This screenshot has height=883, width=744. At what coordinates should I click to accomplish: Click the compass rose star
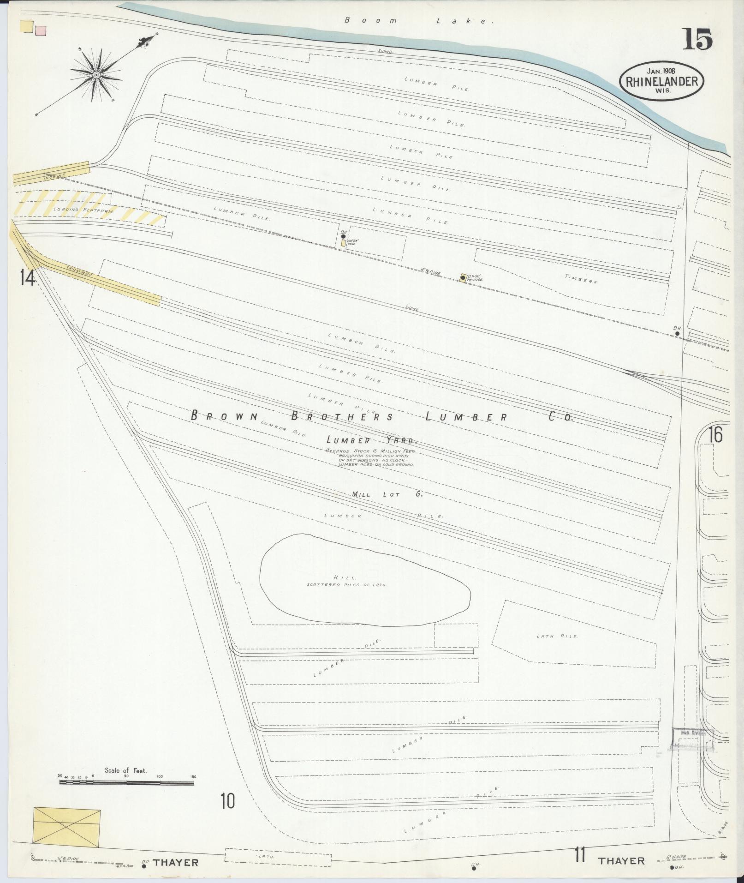click(96, 75)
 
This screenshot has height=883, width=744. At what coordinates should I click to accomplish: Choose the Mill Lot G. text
click(387, 494)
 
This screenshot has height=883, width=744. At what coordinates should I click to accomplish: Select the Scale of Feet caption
click(125, 770)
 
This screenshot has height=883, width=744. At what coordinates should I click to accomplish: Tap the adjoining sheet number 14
click(27, 278)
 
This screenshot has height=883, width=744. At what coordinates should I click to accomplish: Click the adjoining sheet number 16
click(716, 435)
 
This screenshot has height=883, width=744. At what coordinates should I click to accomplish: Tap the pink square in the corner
click(41, 30)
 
